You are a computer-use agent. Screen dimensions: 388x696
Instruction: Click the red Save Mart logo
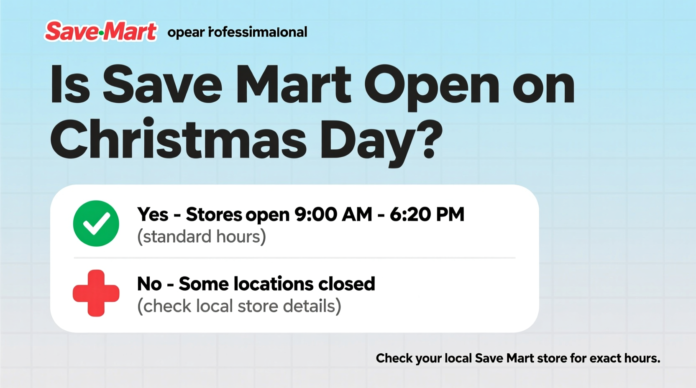(x=100, y=31)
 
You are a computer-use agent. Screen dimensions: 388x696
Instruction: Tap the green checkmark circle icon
(x=96, y=223)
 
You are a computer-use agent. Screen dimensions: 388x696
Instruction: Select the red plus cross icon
(x=96, y=293)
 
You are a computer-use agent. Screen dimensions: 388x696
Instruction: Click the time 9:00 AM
(x=333, y=214)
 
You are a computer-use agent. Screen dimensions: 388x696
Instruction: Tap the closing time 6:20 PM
(x=427, y=214)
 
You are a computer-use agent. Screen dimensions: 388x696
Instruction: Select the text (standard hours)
(x=202, y=237)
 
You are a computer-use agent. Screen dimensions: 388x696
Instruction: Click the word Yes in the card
(x=153, y=214)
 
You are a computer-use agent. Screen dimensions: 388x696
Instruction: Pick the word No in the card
(x=149, y=284)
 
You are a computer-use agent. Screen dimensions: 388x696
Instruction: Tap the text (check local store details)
(x=239, y=306)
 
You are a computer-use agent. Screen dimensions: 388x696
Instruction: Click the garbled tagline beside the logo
(x=237, y=32)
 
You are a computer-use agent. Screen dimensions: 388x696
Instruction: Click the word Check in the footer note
(x=394, y=358)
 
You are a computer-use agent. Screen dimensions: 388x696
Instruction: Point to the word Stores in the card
(x=214, y=214)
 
